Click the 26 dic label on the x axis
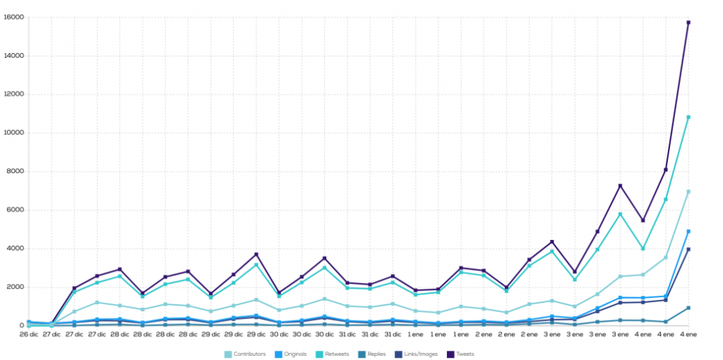pos(28,334)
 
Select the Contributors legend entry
pos(247,354)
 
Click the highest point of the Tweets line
pos(688,23)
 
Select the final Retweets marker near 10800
pos(688,117)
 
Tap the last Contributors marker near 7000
pos(688,191)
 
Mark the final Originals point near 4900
pos(688,232)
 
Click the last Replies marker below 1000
pos(688,308)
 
